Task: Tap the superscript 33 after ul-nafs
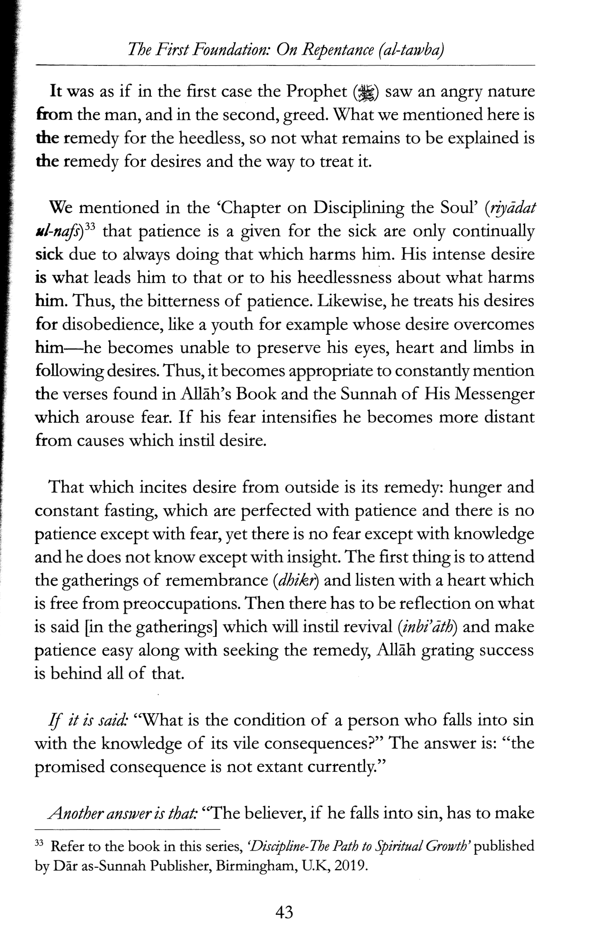(90, 227)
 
